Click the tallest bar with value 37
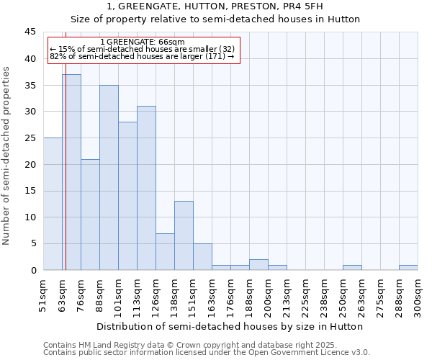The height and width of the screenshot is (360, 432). click(71, 172)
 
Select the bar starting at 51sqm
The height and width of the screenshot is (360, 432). click(53, 204)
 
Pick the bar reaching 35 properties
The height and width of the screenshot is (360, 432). click(109, 178)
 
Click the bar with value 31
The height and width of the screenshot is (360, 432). click(146, 188)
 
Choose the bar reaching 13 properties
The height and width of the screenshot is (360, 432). click(184, 235)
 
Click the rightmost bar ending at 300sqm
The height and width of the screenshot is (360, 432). click(408, 268)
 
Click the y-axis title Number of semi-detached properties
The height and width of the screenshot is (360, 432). click(7, 156)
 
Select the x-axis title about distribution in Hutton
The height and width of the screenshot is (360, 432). click(230, 326)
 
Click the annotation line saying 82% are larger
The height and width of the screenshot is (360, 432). click(143, 56)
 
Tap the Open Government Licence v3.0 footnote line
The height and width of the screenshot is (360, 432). click(207, 353)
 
